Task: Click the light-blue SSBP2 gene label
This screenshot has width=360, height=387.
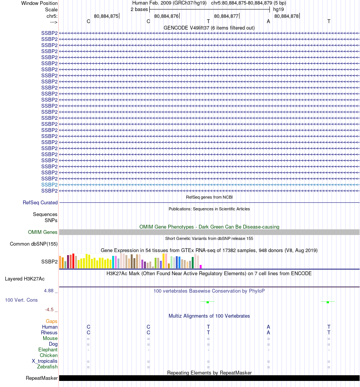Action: coord(49,185)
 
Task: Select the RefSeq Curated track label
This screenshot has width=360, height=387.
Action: coord(40,202)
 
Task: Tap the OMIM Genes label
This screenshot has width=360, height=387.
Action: coord(43,232)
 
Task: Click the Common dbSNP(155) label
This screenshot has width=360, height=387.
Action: coord(34,244)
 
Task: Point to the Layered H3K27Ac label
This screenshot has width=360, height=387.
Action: coord(25,279)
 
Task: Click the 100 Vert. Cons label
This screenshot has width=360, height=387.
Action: coord(21,300)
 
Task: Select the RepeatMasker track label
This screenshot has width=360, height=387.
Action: coord(42,378)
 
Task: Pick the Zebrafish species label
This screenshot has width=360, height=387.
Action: coord(47,367)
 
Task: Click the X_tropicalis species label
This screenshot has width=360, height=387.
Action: coord(45,361)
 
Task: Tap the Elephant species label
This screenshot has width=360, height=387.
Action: coord(48,349)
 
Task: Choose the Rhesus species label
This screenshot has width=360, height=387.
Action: coord(49,332)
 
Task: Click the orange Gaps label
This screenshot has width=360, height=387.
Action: coord(52,321)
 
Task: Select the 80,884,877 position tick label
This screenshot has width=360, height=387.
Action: coord(226,16)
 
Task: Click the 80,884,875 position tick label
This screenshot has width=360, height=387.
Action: coord(106,16)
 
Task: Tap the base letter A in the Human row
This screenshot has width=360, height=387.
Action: coord(268,327)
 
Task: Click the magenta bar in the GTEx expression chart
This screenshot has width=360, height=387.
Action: coord(201,266)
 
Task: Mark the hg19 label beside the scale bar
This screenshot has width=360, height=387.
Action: coord(279,9)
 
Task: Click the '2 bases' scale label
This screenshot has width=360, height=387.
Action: coord(139,9)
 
